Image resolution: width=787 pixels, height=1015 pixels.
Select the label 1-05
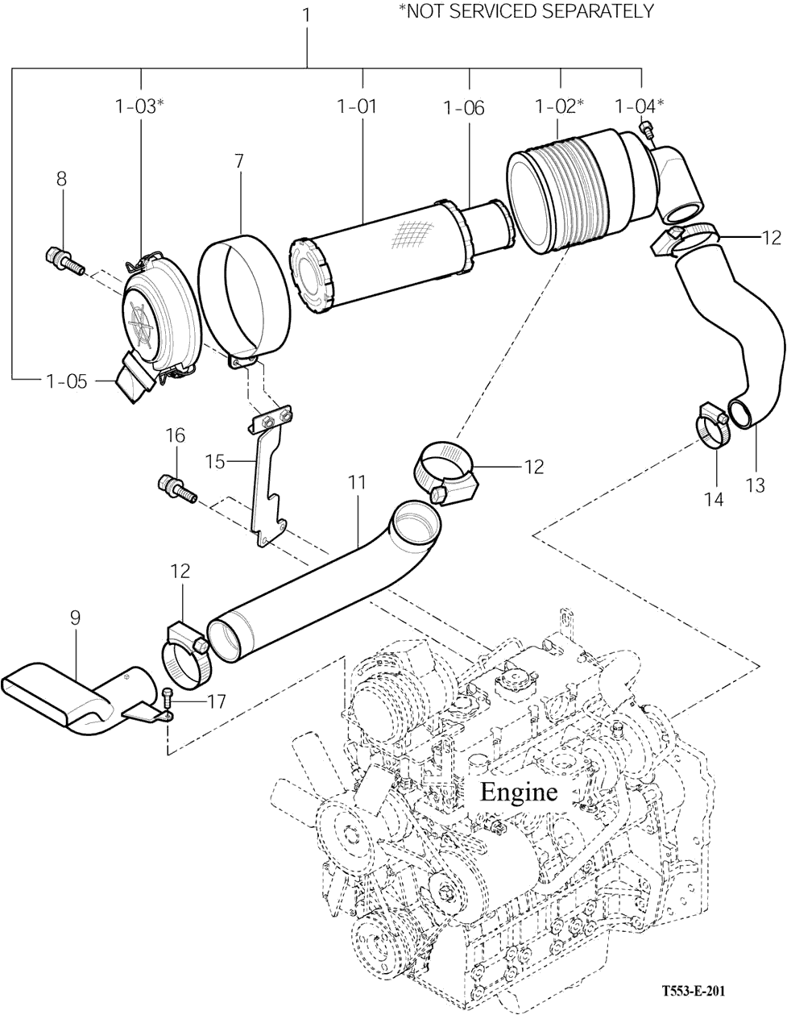tap(67, 381)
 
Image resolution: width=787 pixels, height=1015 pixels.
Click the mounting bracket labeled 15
tap(269, 474)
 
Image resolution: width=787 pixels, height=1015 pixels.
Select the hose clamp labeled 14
tap(712, 425)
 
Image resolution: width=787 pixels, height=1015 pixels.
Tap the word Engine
tap(519, 791)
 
